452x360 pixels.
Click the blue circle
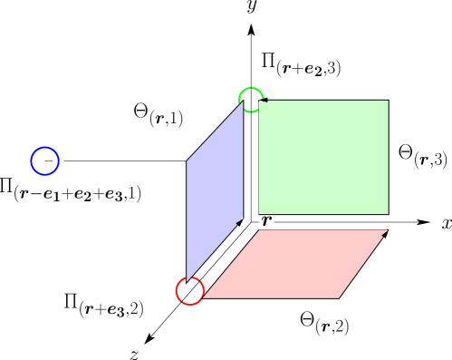click(x=44, y=161)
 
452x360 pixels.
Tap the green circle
click(x=251, y=100)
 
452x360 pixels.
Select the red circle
click(x=189, y=291)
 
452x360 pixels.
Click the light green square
click(x=323, y=157)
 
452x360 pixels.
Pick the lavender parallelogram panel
click(x=215, y=190)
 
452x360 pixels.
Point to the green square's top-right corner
click(x=388, y=101)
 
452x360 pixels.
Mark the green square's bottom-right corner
click(x=388, y=214)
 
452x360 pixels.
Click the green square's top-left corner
click(x=259, y=101)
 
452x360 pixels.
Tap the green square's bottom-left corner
click(x=259, y=214)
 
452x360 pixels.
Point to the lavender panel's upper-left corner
click(x=188, y=162)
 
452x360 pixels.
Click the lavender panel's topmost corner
click(x=243, y=102)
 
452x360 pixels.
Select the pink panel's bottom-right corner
click(x=339, y=297)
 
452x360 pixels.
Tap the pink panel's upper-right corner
click(x=387, y=230)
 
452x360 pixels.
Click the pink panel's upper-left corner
click(x=260, y=230)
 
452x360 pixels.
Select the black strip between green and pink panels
click(x=322, y=222)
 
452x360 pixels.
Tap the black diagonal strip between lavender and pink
click(x=223, y=258)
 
